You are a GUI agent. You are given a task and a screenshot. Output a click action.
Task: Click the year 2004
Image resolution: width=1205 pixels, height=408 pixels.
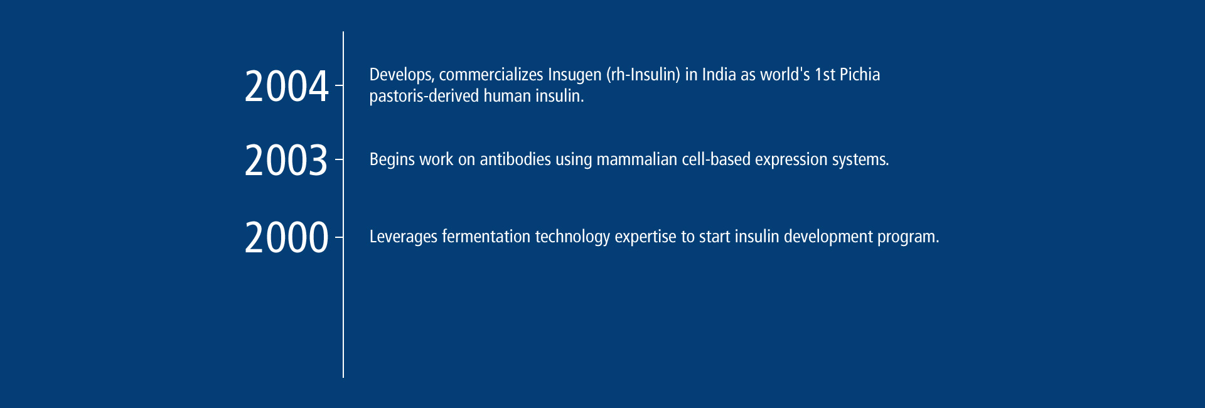(x=286, y=86)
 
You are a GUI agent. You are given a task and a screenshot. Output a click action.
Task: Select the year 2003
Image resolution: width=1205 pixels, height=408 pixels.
(x=286, y=160)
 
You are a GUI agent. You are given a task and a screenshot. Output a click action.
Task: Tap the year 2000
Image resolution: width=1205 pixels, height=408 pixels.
(x=286, y=237)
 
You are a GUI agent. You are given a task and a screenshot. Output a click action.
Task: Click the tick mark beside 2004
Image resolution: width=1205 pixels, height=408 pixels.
(x=339, y=85)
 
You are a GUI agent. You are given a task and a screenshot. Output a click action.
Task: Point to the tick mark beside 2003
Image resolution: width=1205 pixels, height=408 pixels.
(x=339, y=160)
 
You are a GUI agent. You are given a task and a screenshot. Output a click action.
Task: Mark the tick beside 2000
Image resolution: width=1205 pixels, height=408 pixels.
(x=339, y=237)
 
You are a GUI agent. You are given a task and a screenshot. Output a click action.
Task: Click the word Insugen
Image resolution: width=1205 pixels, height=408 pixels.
(x=574, y=75)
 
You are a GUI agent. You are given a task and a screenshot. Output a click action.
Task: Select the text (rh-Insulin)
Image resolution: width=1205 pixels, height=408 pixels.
(x=643, y=75)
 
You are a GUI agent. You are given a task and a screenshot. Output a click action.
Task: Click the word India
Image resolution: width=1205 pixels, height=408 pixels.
(x=719, y=74)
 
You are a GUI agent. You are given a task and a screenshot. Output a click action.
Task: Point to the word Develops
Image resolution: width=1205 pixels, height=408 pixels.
(x=401, y=75)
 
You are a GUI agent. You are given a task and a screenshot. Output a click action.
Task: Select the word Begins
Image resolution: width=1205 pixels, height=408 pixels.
(x=392, y=160)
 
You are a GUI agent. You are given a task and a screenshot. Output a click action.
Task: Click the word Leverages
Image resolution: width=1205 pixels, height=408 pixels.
(x=403, y=237)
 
